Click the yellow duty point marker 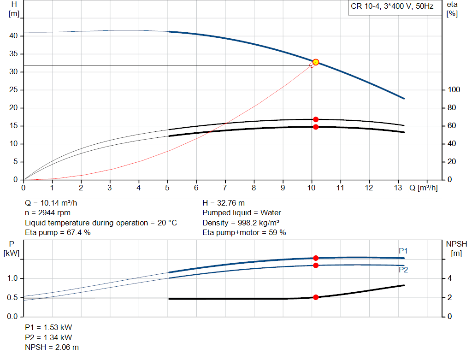point(316,62)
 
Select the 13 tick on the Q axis point(398,188)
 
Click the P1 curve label point(403,251)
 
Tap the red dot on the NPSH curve point(316,297)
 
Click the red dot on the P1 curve point(316,258)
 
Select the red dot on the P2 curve point(316,266)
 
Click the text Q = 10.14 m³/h point(54,203)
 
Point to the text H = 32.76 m point(224,203)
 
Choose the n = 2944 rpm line point(48,213)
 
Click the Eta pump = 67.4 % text point(58,233)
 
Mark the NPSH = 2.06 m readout point(52,347)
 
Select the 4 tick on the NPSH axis point(449,278)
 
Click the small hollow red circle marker point(312,65)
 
